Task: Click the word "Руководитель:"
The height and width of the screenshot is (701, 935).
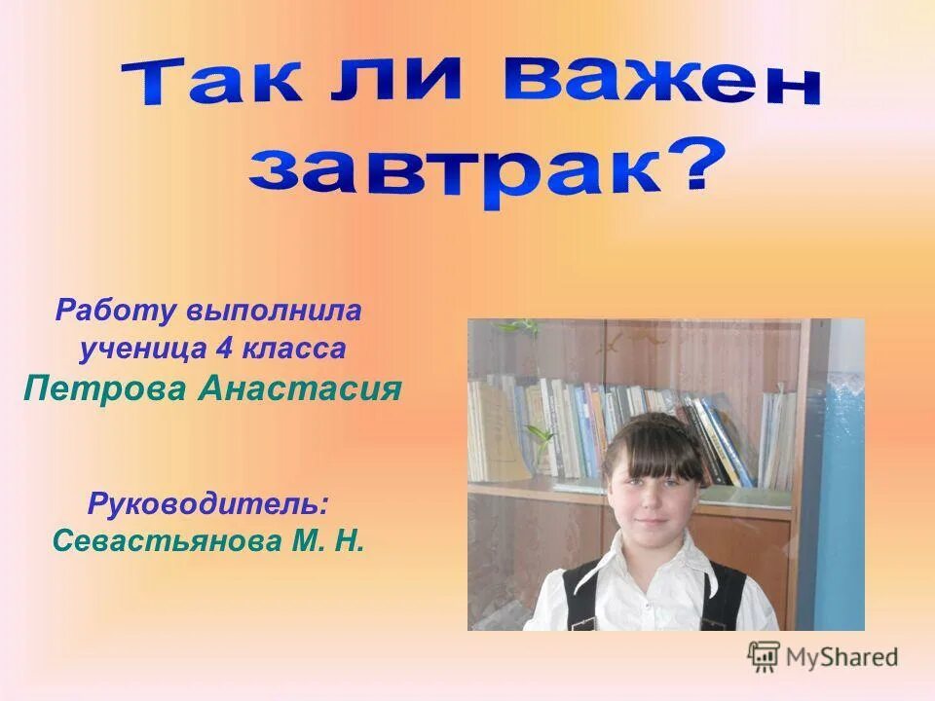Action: pos(207,503)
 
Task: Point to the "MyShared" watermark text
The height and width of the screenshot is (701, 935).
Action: pos(841,656)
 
